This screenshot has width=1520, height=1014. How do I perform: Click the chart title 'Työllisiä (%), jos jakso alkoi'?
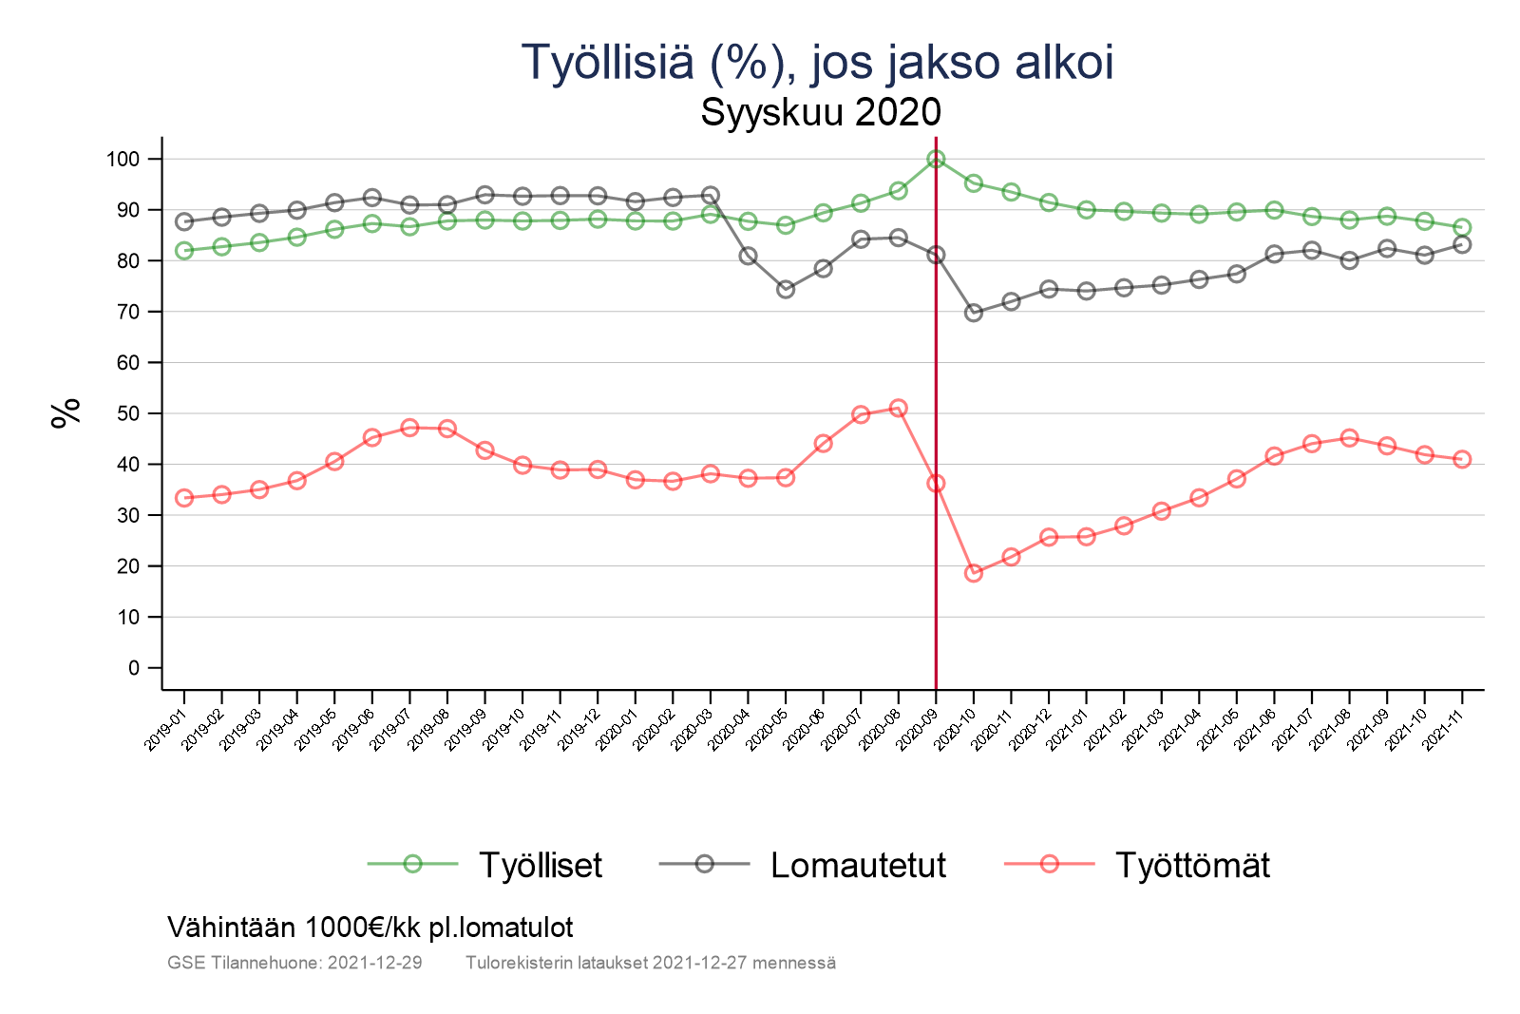(817, 63)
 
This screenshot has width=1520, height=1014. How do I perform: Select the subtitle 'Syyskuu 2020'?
(821, 112)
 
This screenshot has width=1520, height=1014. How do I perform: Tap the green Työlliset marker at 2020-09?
(936, 159)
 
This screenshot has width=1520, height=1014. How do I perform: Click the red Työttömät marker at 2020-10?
(974, 573)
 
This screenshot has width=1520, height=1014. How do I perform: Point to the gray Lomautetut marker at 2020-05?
(786, 289)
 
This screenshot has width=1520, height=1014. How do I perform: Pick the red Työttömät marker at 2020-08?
(898, 409)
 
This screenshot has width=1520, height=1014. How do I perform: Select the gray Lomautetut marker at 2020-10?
(974, 313)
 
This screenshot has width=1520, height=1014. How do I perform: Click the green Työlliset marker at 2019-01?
(184, 251)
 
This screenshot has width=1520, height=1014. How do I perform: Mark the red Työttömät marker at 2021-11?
(1462, 459)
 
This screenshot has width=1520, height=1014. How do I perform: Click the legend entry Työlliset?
(540, 866)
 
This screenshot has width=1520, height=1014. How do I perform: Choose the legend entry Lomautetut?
(858, 866)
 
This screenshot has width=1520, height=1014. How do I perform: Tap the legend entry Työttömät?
(1191, 866)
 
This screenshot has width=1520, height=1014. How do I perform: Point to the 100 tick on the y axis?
(123, 160)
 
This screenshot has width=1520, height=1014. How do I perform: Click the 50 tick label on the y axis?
(127, 414)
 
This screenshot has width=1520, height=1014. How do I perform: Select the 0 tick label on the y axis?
(133, 668)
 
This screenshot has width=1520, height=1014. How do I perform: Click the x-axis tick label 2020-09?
(918, 729)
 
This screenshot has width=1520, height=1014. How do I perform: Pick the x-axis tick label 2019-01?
(166, 729)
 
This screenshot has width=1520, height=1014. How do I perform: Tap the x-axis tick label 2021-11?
(1444, 729)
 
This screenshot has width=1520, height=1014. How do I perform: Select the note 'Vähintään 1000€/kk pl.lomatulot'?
(370, 927)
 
